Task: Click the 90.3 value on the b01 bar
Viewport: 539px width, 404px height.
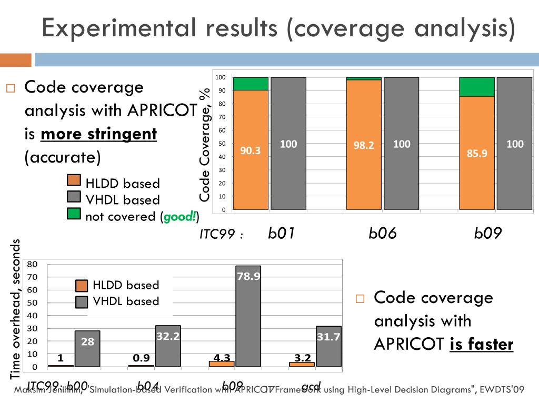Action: pos(251,150)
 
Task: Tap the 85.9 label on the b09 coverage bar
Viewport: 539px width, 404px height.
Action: pos(477,154)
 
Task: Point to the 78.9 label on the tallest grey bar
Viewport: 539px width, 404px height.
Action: pos(248,276)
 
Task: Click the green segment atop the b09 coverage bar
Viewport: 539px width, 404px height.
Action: pos(477,87)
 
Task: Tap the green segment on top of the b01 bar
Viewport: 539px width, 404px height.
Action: pos(251,84)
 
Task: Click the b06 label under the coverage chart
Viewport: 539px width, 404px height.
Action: pos(382,233)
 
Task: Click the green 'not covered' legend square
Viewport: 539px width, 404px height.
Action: pos(74,214)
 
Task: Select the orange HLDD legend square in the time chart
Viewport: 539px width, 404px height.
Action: pos(82,286)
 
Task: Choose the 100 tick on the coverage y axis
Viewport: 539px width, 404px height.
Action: pos(221,78)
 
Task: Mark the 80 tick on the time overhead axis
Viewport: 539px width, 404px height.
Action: pos(33,264)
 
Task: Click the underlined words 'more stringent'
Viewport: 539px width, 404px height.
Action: pos(98,134)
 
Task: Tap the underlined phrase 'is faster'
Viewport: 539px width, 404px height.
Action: pos(481,345)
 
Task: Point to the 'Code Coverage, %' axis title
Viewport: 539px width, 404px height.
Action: pos(205,144)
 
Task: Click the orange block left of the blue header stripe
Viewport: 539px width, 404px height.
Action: pos(16,60)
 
